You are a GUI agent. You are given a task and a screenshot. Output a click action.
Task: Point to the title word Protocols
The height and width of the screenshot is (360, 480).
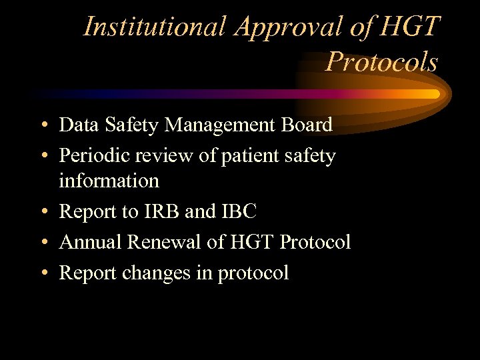tap(381, 62)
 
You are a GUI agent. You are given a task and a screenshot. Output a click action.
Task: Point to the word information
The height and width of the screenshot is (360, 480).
tap(109, 180)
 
